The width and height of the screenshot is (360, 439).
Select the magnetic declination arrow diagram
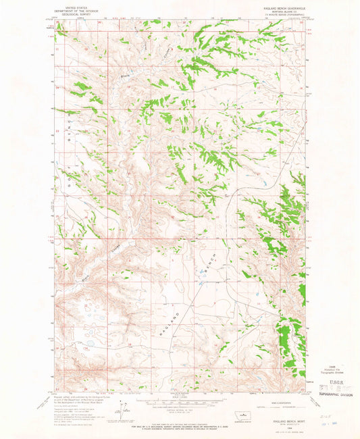pyautogui.click(x=123, y=409)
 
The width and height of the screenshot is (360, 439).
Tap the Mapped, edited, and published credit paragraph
pyautogui.click(x=81, y=398)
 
